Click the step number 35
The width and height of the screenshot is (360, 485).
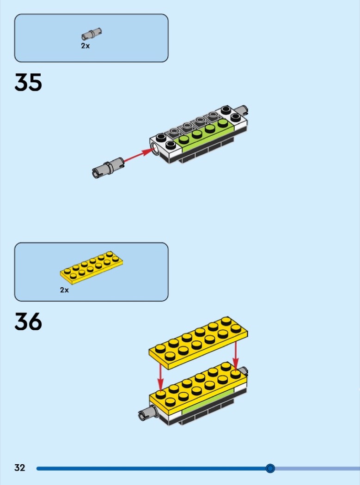[28, 82]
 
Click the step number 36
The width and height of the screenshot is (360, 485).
[28, 321]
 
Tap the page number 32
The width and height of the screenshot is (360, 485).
[19, 467]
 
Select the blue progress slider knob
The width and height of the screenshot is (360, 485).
[270, 468]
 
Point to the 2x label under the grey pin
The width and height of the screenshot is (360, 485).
[85, 46]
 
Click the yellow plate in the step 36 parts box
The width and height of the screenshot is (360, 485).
[92, 267]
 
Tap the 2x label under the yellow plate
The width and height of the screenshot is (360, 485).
[64, 290]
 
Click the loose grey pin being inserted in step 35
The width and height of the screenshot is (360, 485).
[108, 168]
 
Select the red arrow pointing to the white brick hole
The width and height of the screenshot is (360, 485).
[139, 155]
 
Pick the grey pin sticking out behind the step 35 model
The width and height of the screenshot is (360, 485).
[241, 110]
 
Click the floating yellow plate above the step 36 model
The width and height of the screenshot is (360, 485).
[198, 343]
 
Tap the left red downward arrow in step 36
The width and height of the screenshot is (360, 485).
[160, 377]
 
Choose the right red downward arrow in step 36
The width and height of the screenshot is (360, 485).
[236, 355]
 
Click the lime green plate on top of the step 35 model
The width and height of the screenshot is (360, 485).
[204, 134]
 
